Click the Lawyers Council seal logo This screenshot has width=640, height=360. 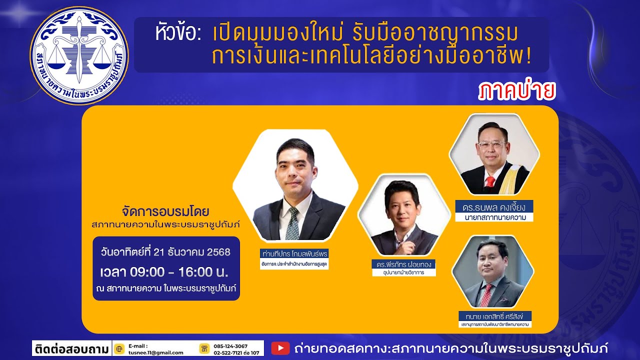click(x=79, y=55)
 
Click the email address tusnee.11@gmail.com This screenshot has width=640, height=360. click(x=155, y=352)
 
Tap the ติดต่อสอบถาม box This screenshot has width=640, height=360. click(x=71, y=348)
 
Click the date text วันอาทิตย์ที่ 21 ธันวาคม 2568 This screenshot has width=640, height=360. click(x=166, y=252)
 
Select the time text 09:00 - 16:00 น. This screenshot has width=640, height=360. click(x=164, y=272)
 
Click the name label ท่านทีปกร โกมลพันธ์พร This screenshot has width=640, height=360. click(x=294, y=253)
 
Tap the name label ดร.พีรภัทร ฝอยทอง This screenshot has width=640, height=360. click(x=403, y=264)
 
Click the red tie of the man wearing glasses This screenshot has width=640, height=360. click(x=489, y=181)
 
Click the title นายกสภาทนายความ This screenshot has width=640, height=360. click(x=493, y=217)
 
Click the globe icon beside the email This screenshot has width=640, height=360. click(x=119, y=348)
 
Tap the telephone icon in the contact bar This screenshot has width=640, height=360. click(x=203, y=348)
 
